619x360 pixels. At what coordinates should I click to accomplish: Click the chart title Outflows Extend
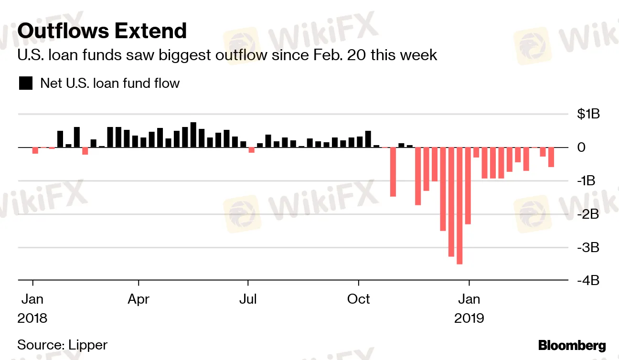[102, 31]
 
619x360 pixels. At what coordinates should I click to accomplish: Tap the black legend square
[26, 83]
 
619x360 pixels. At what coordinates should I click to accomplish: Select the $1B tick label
[588, 114]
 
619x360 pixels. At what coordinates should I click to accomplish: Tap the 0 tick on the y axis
[581, 148]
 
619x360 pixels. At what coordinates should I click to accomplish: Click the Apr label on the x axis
[139, 299]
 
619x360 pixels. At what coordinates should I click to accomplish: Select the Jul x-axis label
[248, 299]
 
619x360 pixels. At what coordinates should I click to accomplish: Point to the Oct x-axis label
[358, 299]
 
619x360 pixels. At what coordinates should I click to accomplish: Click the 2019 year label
[469, 318]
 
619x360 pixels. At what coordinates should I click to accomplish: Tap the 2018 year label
[32, 318]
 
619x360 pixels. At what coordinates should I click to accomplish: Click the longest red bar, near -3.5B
[459, 205]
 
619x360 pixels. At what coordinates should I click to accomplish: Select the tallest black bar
[193, 135]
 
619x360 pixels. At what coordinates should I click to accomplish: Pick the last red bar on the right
[551, 157]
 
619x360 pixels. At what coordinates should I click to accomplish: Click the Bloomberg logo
[572, 346]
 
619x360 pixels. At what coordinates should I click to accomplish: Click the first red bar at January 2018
[35, 150]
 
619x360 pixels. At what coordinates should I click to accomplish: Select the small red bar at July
[252, 150]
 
